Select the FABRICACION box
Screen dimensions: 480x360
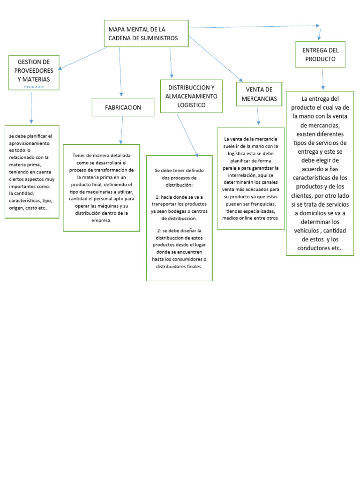tap(123, 107)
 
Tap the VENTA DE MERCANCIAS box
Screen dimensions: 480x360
tap(259, 94)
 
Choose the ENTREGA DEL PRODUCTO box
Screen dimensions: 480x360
tap(320, 54)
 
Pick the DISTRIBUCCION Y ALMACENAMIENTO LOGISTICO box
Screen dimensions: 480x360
tap(191, 96)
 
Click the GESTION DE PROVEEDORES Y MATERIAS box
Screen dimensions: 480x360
tap(34, 73)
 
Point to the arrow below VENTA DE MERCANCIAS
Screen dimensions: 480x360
tap(258, 116)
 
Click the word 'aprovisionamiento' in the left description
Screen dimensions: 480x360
tap(30, 142)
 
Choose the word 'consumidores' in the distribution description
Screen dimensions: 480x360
tap(187, 259)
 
